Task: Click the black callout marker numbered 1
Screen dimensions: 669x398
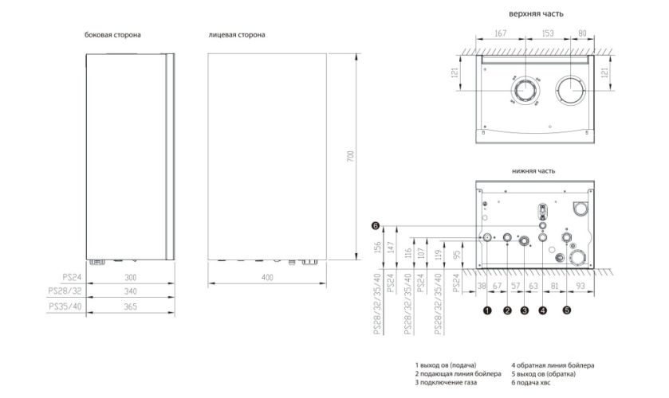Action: click(487, 310)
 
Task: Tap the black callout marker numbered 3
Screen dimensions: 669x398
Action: click(525, 310)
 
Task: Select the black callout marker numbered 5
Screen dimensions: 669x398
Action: click(567, 310)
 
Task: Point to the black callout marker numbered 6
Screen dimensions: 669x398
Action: click(375, 226)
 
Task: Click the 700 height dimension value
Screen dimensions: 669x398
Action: click(350, 156)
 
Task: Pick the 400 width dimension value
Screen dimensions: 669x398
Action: click(267, 278)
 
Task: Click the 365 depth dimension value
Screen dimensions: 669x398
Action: click(131, 306)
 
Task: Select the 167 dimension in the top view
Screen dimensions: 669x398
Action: click(500, 33)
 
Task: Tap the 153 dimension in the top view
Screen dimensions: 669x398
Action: click(548, 33)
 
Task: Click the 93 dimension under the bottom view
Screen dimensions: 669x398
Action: click(580, 286)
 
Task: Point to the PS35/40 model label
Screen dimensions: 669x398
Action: click(65, 306)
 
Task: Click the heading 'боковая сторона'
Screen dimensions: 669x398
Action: click(112, 35)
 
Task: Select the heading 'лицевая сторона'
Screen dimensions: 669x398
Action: click(237, 35)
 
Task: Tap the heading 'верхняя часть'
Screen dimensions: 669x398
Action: click(536, 14)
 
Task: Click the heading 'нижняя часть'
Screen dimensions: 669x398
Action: click(533, 171)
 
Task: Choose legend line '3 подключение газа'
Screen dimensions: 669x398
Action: click(446, 383)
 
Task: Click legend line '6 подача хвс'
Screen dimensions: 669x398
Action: click(531, 383)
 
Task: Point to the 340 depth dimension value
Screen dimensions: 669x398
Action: click(131, 291)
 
